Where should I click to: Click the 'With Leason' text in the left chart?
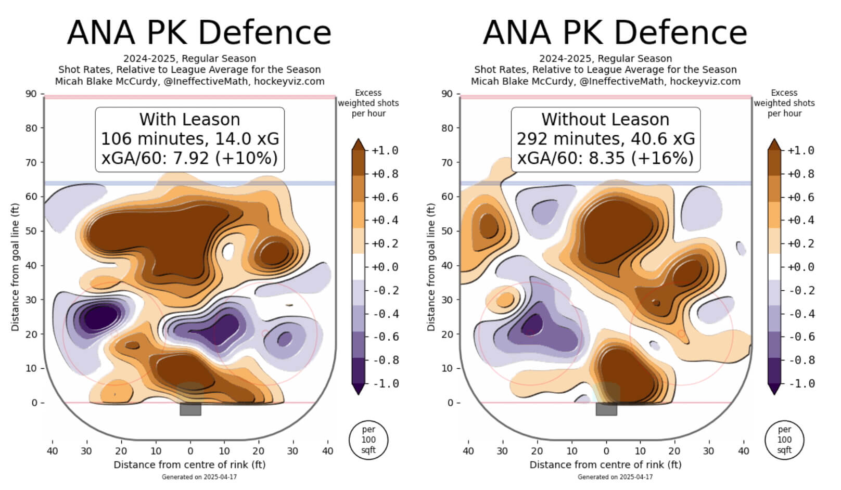[189, 120]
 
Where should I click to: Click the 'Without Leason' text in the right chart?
[605, 120]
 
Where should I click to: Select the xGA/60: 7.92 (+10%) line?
[189, 158]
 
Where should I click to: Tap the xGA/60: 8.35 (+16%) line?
[605, 158]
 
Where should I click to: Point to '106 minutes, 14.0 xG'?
[189, 139]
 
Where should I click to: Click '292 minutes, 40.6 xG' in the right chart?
[605, 139]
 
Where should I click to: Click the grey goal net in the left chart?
[190, 409]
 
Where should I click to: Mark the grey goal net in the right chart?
[606, 409]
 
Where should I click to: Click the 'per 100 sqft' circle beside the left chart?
[368, 440]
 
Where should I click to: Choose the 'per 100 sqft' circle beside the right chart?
[784, 440]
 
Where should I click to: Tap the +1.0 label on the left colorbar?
[385, 151]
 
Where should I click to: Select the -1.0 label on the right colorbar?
[801, 384]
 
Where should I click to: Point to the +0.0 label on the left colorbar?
[385, 267]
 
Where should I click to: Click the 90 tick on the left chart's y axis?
[31, 94]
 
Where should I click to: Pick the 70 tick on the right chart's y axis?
[447, 162]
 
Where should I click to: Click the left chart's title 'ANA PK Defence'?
[199, 32]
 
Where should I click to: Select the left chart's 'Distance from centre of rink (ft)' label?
[189, 465]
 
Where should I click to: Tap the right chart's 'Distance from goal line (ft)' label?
[431, 267]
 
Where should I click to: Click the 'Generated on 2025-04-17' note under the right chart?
[615, 477]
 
